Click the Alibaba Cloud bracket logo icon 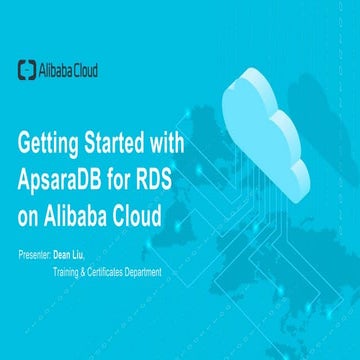[x=28, y=69]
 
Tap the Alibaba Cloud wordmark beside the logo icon [x=68, y=69]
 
